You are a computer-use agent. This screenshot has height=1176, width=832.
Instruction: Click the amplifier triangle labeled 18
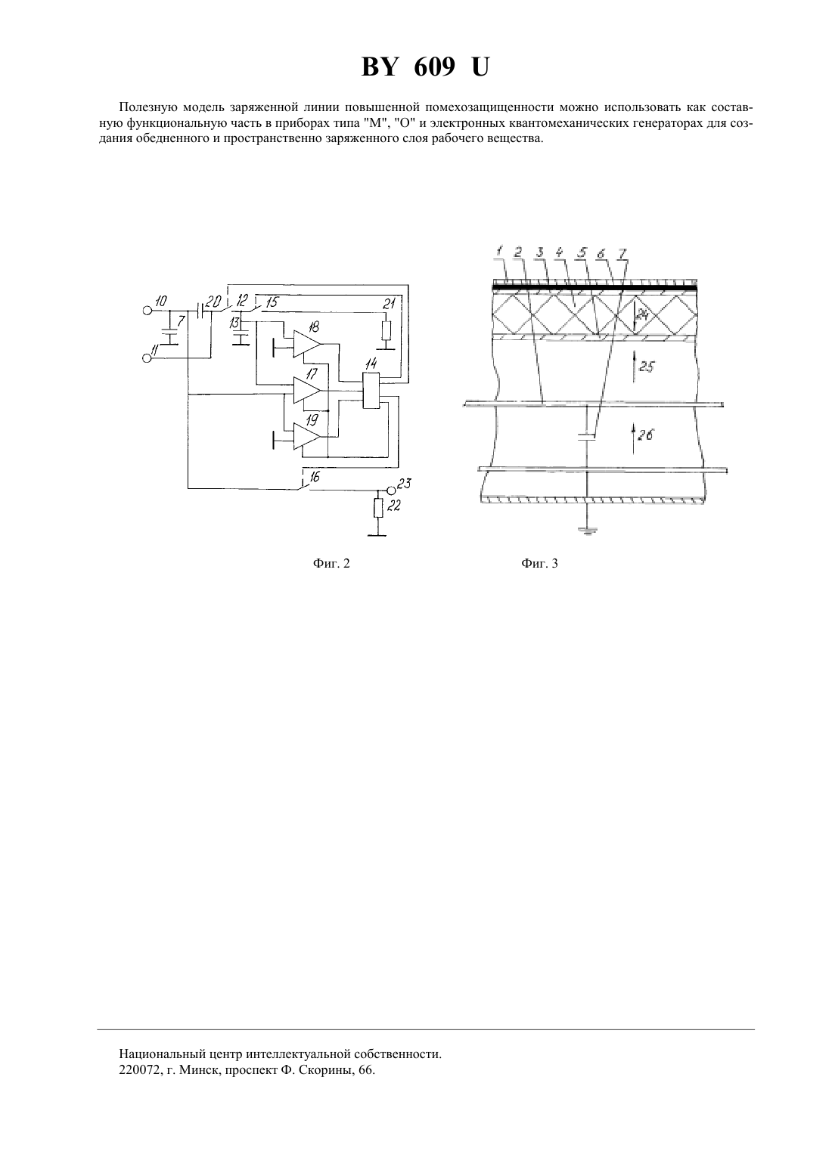306,344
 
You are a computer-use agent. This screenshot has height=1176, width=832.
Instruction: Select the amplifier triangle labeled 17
306,390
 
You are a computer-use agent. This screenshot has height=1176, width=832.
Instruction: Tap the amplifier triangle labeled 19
306,436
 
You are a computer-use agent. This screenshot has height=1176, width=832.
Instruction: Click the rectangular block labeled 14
371,391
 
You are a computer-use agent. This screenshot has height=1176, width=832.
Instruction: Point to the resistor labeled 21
386,331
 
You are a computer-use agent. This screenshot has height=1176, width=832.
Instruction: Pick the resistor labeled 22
377,508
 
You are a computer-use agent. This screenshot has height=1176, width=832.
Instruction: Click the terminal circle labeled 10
147,311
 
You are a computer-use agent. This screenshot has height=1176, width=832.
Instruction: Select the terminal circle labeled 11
147,358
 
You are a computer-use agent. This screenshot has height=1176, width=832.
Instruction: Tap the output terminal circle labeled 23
390,490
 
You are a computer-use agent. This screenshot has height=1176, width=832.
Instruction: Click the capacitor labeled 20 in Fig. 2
200,311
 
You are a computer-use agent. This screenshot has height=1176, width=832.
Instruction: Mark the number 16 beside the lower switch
315,477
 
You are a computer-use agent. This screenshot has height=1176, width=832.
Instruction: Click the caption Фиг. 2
331,563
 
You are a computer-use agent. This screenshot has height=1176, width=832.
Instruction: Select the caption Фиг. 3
539,563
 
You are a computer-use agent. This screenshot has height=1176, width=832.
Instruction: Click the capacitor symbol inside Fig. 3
587,437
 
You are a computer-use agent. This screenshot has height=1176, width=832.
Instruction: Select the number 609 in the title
434,67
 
